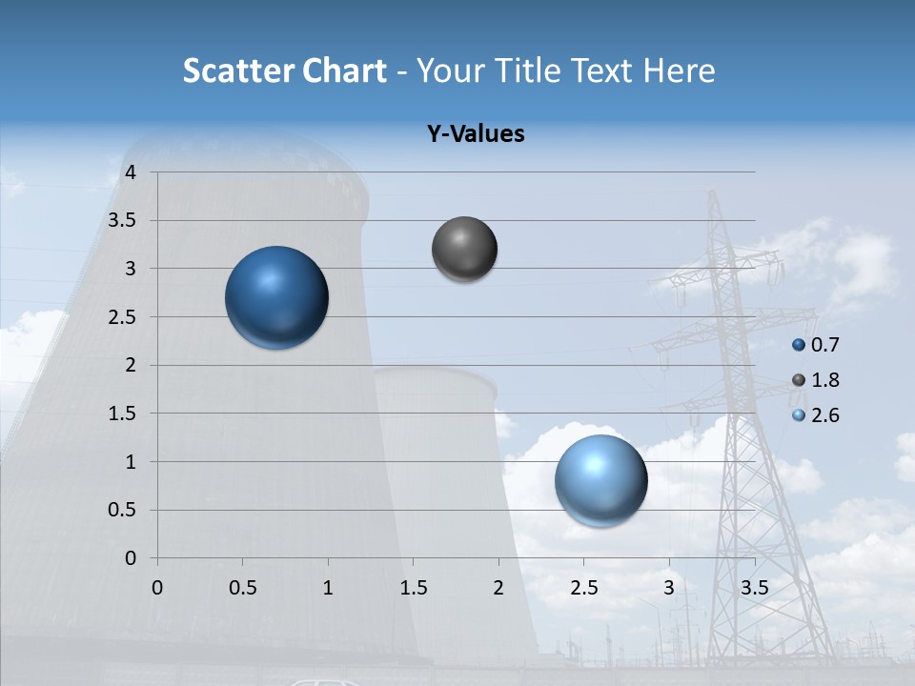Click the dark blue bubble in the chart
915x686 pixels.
[277, 297]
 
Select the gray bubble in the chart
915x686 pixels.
[464, 250]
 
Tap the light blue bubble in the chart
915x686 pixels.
[600, 480]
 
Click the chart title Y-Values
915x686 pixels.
[476, 134]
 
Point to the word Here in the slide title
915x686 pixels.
[679, 71]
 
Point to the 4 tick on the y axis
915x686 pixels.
[131, 172]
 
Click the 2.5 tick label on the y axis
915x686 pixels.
[124, 317]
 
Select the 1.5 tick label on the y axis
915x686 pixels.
[124, 414]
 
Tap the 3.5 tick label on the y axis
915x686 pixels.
[124, 221]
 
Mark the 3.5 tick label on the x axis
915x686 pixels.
[754, 588]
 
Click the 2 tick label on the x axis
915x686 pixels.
[498, 588]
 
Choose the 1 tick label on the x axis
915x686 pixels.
[328, 588]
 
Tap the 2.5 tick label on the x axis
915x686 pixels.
[583, 588]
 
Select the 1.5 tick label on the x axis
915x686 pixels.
[413, 588]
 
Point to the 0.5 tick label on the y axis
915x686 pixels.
[124, 510]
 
